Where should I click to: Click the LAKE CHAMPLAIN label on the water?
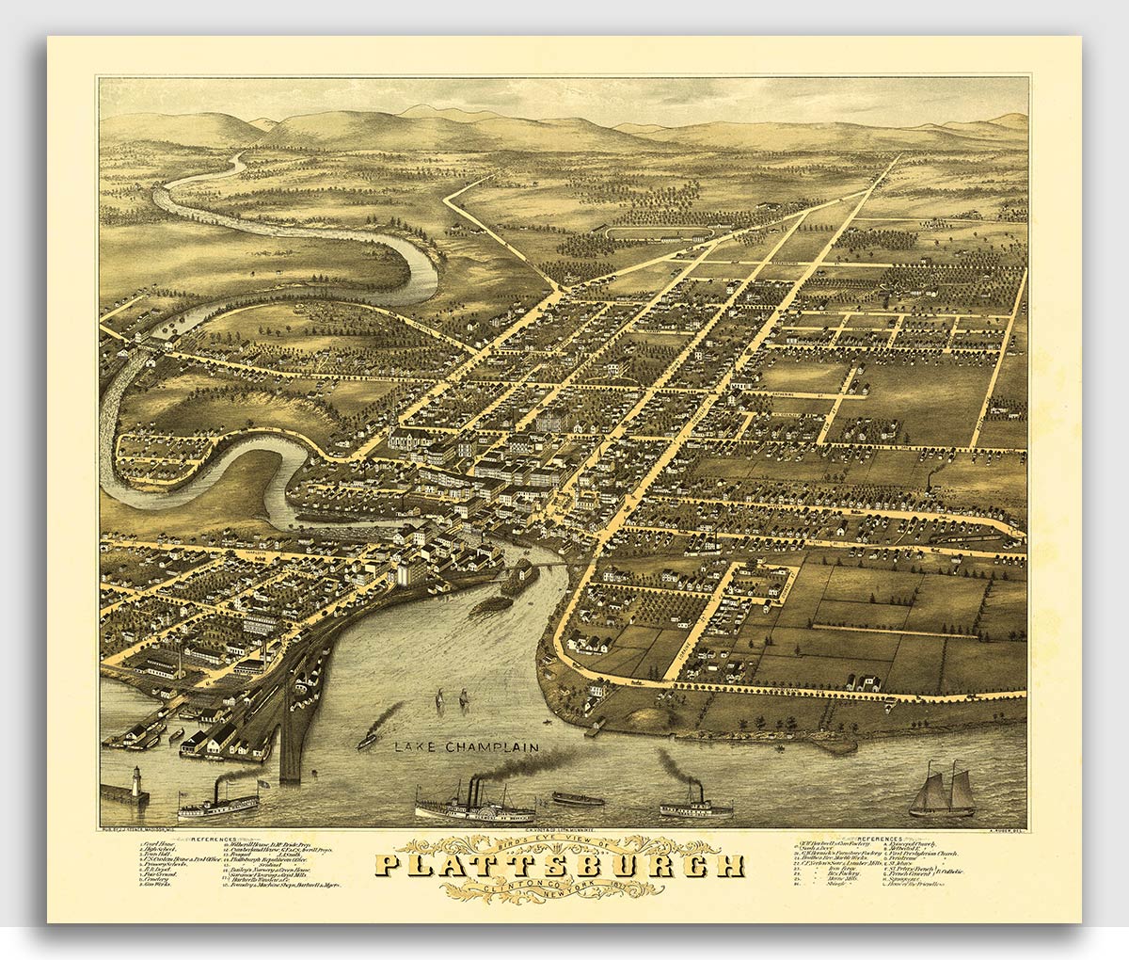pyautogui.click(x=466, y=747)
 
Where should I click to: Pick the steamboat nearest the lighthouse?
pyautogui.click(x=218, y=802)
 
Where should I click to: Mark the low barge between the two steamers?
pyautogui.click(x=578, y=799)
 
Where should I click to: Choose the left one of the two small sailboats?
pyautogui.click(x=439, y=700)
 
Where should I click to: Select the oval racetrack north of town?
pyautogui.click(x=659, y=232)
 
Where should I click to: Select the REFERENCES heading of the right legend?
pyautogui.click(x=877, y=835)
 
